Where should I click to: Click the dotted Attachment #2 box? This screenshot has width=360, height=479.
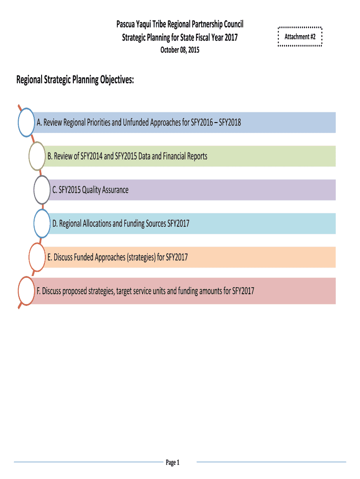pos(300,36)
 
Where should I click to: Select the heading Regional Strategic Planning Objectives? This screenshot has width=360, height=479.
pos(75,80)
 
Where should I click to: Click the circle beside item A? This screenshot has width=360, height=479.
pos(26,123)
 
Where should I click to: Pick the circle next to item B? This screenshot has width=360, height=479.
pos(37,156)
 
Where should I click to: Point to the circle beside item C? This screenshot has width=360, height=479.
pos(42,190)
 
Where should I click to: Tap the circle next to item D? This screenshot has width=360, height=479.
pos(43,224)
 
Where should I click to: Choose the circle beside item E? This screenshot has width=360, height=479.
pos(37,257)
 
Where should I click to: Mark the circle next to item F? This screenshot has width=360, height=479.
pos(26,291)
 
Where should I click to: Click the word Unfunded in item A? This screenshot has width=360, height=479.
pos(137,123)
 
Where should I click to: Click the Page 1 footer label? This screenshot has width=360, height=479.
pos(173,463)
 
